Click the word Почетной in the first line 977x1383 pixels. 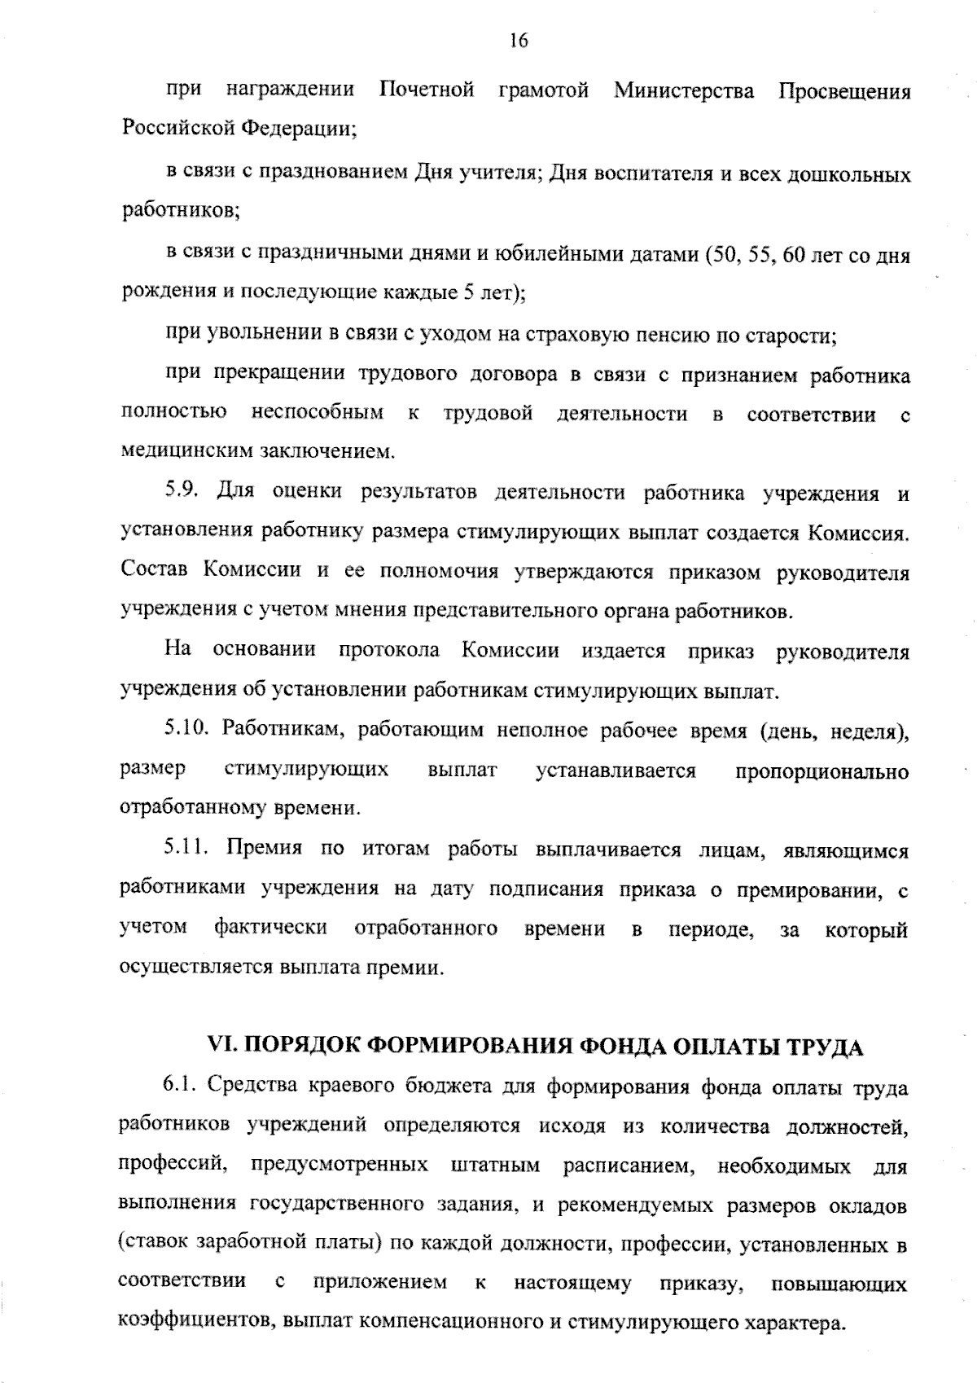click(x=427, y=90)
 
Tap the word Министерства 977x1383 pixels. click(x=684, y=90)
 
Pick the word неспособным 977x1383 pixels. click(x=318, y=413)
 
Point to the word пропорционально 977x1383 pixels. click(x=821, y=771)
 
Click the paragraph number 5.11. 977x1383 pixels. click(x=186, y=849)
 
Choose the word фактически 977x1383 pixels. click(x=271, y=928)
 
